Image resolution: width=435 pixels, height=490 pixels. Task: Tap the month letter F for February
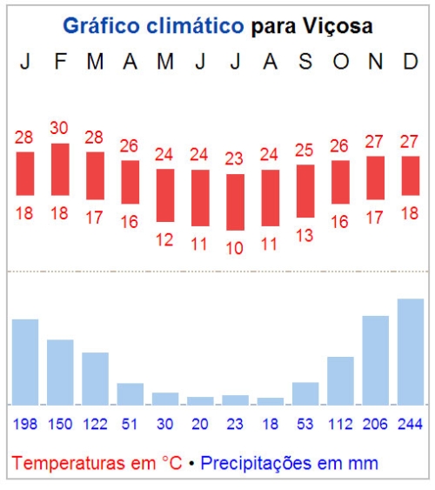pos(59,62)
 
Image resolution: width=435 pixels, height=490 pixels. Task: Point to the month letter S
pos(305,62)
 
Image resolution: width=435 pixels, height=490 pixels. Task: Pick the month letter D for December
pos(410,62)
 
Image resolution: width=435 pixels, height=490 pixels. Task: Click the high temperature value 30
pos(59,128)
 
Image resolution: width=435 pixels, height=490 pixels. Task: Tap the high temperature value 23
pos(235,158)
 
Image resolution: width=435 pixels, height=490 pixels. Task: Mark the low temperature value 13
pos(305,234)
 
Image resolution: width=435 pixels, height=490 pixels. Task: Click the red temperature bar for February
pos(60,170)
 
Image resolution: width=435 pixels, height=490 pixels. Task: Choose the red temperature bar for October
pos(340,182)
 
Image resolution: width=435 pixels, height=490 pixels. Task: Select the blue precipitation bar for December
pos(411,352)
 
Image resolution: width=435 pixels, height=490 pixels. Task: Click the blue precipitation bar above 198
pos(25,362)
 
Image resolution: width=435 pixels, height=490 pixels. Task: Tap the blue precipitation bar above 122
pos(95,379)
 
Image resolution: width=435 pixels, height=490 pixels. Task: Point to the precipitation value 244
pos(411,424)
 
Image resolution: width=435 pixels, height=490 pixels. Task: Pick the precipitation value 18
pos(271,424)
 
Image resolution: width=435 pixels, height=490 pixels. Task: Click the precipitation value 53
pos(305,424)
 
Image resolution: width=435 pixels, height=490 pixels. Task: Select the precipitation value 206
pos(375,424)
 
